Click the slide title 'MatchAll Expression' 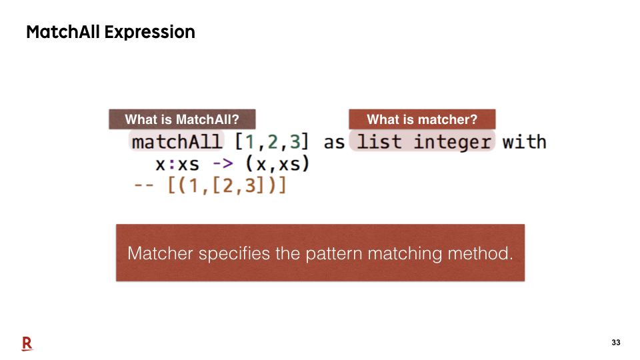(111, 32)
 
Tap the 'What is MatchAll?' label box (182, 119)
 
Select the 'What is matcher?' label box (422, 119)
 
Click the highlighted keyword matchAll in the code (177, 142)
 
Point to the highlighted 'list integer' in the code (423, 142)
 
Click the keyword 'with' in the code (525, 142)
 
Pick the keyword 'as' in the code (334, 143)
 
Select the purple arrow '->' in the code (223, 164)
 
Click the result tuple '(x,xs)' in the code (277, 164)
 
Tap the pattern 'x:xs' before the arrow (177, 165)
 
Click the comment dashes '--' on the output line (144, 186)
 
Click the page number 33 (616, 343)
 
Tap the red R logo (27, 344)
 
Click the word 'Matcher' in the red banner (160, 253)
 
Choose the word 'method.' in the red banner (480, 253)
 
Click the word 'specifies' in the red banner (234, 254)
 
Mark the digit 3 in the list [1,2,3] (295, 142)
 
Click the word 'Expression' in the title (150, 32)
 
